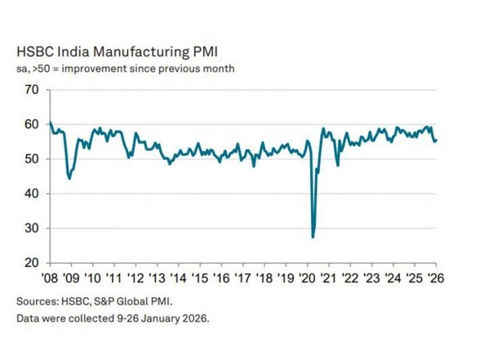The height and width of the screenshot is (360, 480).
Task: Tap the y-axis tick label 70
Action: (31, 89)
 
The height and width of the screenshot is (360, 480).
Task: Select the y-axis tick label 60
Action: (31, 124)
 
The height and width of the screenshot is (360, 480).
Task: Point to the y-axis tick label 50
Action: (31, 159)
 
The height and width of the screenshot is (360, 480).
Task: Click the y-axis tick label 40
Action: (31, 194)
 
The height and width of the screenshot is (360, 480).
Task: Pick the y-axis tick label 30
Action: (31, 229)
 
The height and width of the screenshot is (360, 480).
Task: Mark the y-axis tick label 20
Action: (31, 264)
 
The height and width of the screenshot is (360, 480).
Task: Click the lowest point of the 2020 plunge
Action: (313, 237)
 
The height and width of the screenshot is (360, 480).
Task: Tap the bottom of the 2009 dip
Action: (69, 178)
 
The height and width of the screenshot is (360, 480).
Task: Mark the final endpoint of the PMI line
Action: (436, 140)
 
